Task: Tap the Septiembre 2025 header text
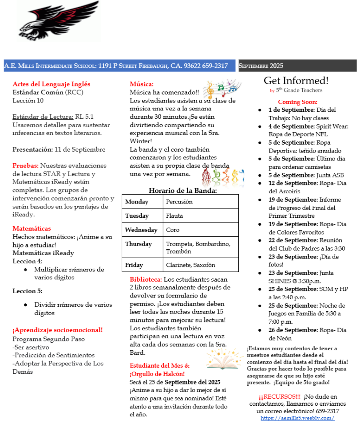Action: [x=261, y=66]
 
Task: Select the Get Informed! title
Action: [x=296, y=80]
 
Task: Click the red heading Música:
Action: [x=142, y=84]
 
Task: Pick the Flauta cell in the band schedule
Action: [x=174, y=216]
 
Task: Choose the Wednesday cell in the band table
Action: [x=141, y=230]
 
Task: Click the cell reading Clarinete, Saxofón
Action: [x=190, y=265]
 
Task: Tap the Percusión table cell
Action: [x=179, y=202]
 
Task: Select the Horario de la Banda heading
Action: [x=182, y=191]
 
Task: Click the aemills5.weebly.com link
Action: [x=297, y=418]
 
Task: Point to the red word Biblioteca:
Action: [x=146, y=279]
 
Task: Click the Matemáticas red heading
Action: [x=32, y=228]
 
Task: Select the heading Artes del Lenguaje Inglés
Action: [x=51, y=84]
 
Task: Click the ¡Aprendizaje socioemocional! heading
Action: [x=58, y=329]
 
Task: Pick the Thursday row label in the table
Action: [x=138, y=244]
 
